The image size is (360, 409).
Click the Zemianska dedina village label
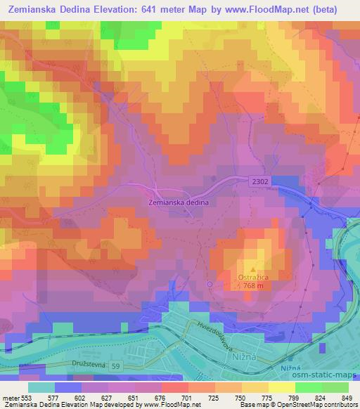tap(179, 202)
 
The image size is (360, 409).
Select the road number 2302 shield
tap(259, 181)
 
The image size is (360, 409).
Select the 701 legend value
tap(186, 398)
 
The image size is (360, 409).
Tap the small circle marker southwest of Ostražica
tap(210, 284)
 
